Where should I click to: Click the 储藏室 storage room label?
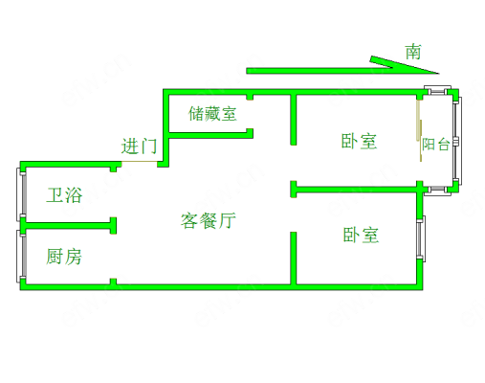(x=212, y=114)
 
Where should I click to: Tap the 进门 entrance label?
(x=139, y=146)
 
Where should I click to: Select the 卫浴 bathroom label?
(x=64, y=195)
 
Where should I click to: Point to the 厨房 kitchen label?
(x=64, y=257)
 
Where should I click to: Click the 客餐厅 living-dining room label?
(x=209, y=220)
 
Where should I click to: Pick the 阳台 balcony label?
(x=436, y=145)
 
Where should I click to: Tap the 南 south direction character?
(x=413, y=52)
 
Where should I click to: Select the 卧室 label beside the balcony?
(x=359, y=141)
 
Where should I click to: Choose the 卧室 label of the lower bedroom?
(x=361, y=236)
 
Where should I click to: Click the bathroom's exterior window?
(x=20, y=194)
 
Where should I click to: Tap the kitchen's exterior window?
(x=20, y=256)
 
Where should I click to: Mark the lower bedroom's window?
(x=421, y=237)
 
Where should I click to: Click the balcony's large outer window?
(x=457, y=141)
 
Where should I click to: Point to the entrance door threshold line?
(x=139, y=162)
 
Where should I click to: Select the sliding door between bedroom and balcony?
(x=419, y=130)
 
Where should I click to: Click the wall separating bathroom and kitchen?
(x=69, y=226)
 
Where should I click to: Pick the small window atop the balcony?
(x=437, y=90)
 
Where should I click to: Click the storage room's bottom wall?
(x=211, y=134)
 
